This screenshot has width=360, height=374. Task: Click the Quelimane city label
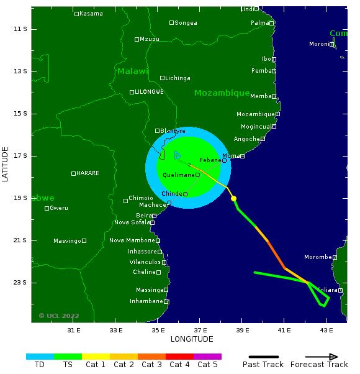[179, 175]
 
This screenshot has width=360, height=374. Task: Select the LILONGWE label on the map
[149, 92]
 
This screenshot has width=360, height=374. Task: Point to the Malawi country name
[133, 71]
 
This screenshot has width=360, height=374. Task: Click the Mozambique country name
[222, 93]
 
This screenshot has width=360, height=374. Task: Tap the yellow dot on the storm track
[233, 198]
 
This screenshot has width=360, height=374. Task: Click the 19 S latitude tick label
[20, 198]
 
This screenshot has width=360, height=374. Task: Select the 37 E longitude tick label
[200, 330]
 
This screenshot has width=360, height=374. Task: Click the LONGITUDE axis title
[192, 339]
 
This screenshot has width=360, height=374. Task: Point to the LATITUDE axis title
[5, 165]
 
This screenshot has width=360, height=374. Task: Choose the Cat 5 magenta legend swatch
[207, 357]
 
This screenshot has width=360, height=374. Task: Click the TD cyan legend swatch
[40, 357]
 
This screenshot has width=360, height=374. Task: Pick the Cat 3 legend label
[151, 365]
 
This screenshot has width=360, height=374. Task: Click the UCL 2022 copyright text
[59, 316]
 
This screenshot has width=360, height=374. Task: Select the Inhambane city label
[146, 301]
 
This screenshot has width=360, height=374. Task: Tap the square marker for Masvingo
[84, 240]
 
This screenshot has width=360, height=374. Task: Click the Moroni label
[319, 44]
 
